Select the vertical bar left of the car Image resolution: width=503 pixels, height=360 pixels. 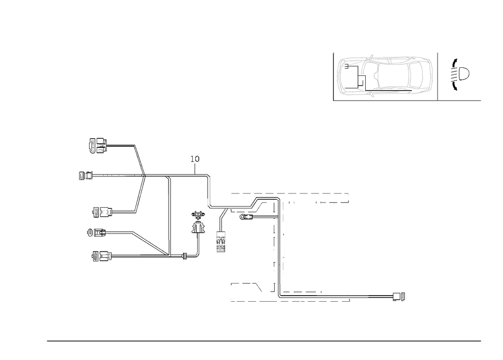[x=333, y=76]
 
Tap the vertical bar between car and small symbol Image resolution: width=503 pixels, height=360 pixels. [x=439, y=76]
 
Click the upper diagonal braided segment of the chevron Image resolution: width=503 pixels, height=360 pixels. [x=139, y=161]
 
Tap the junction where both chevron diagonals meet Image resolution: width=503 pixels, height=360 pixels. [x=144, y=176]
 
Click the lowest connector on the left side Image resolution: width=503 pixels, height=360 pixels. [x=101, y=257]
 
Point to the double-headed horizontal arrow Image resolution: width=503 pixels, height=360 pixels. [x=191, y=256]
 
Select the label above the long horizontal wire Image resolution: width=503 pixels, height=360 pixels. [x=195, y=160]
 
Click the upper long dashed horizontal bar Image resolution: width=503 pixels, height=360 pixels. [x=289, y=193]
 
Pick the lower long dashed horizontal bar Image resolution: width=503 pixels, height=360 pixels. [x=289, y=300]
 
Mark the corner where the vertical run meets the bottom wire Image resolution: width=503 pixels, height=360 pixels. [x=278, y=296]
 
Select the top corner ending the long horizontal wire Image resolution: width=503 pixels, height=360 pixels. [x=209, y=176]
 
